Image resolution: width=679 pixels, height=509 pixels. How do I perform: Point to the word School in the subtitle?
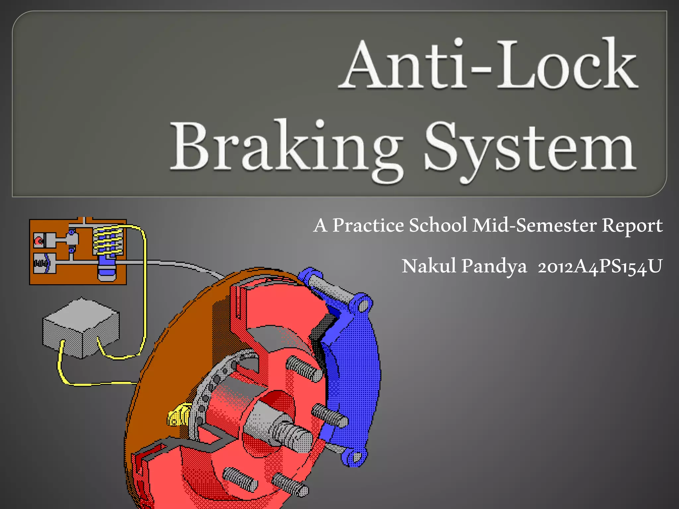point(438,225)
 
